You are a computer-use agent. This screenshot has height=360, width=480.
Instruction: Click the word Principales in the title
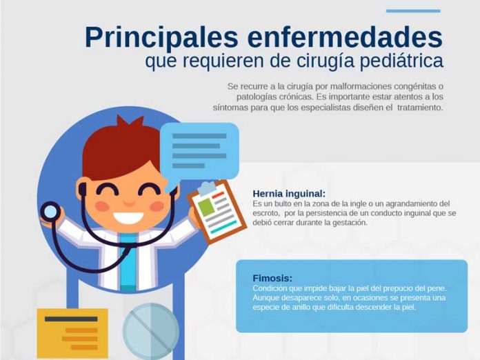tap(161, 38)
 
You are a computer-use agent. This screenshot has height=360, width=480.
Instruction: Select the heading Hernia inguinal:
tap(289, 194)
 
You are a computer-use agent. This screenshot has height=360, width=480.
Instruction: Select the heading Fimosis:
tap(272, 278)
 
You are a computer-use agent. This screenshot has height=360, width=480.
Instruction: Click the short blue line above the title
tap(413, 11)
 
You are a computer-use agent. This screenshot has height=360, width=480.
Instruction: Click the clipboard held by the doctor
tap(217, 211)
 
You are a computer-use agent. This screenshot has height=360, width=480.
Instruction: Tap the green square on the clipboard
tap(206, 207)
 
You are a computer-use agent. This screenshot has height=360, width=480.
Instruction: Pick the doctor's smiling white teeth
tap(128, 217)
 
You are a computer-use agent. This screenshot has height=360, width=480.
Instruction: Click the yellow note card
tap(72, 334)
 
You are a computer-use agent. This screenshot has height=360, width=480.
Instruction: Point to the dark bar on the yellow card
tap(71, 319)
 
